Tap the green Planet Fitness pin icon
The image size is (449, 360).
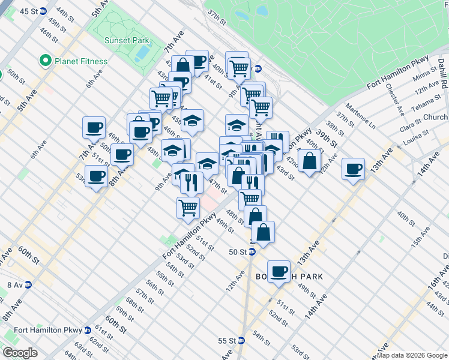[x=44, y=61]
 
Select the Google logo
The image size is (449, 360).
[x=20, y=353]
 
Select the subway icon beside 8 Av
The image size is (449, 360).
[x=28, y=284]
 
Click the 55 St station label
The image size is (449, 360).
[x=226, y=340]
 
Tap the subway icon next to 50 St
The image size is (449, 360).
[x=252, y=251]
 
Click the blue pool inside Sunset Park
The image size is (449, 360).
[x=143, y=53]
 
